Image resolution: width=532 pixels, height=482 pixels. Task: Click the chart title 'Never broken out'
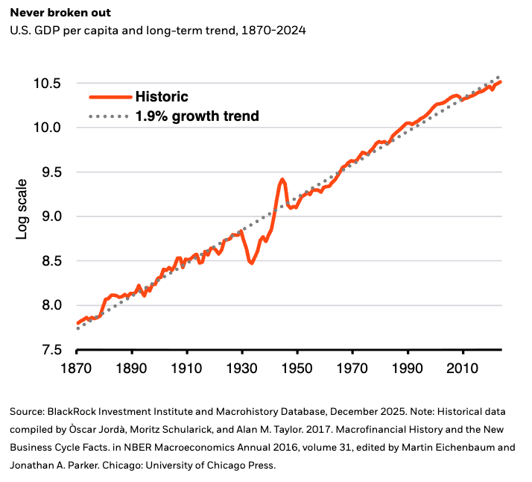pos(60,13)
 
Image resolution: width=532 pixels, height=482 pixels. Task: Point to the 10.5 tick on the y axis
pos(47,84)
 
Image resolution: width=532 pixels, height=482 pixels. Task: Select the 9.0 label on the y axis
pos(51,216)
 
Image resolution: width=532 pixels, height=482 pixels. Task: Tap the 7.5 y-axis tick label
pos(51,350)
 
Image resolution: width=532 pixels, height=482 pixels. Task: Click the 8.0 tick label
pos(51,305)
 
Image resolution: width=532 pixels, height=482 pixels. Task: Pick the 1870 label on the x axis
pos(76,369)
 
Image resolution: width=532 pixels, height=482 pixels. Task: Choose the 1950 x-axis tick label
pos(297,369)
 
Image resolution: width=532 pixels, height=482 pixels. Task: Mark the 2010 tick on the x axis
pos(463,369)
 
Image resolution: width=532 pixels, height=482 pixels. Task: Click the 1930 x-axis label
pos(242,369)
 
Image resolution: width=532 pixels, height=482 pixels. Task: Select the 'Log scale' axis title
pos(22,209)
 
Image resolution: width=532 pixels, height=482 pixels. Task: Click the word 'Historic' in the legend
pos(162,97)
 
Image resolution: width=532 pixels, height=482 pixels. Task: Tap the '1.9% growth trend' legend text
pos(197,116)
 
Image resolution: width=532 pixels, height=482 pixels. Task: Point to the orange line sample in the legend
pos(110,97)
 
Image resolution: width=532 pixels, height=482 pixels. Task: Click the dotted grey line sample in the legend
pos(109,116)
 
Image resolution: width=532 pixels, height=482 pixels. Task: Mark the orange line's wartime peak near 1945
pos(282,179)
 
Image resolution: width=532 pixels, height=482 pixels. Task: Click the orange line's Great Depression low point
pos(251,263)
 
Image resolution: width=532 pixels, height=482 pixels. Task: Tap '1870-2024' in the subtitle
pos(273,31)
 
